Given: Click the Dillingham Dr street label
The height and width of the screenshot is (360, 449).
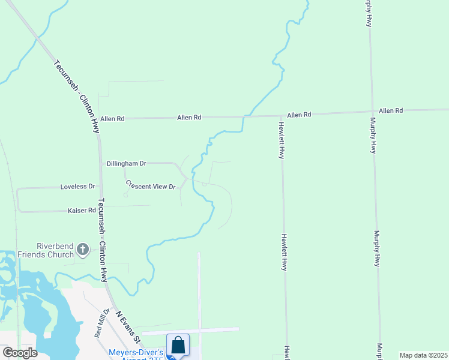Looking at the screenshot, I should point(126,163).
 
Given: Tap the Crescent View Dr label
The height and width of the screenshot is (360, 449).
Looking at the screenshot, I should point(151,185).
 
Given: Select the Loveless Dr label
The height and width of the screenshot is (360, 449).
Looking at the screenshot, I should point(78,187).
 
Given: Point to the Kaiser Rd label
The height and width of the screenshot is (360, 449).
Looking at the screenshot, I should point(82,211).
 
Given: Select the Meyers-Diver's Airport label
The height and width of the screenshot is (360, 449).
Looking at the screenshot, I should point(136,353).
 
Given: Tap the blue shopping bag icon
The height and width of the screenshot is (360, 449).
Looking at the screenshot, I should point(178,346).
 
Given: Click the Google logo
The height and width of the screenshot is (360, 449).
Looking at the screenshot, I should point(20,353).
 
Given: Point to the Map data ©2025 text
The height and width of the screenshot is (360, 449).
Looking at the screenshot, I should point(423,355).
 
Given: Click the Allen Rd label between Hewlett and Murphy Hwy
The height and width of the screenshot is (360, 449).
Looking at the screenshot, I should point(299,115).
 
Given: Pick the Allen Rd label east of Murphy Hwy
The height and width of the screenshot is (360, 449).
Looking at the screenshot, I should point(391,111).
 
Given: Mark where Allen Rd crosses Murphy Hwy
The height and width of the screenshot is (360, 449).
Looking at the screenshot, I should point(372,112).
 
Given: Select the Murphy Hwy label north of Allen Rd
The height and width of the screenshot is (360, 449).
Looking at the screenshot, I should point(368,13).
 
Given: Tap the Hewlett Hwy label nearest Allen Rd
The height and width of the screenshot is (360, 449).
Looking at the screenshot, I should point(280,140).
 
